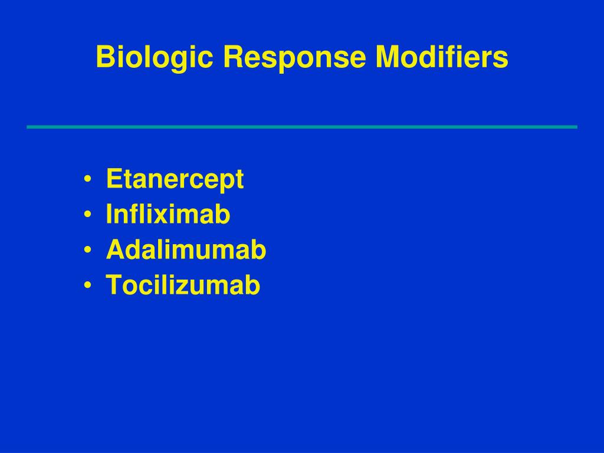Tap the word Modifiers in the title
point(442,57)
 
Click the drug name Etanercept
point(175,179)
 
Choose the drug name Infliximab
point(168,215)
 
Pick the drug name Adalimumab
point(186,250)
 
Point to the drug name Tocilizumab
point(183,285)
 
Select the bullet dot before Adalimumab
point(87,251)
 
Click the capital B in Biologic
point(104,57)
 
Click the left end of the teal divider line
point(28,127)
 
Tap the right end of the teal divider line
point(576,127)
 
